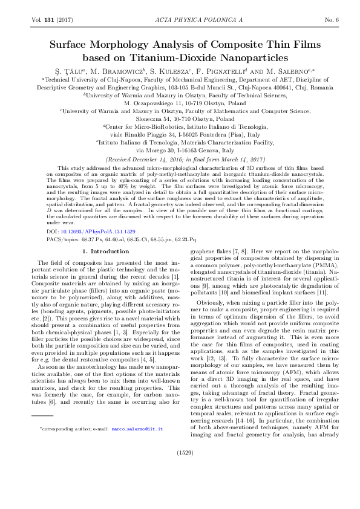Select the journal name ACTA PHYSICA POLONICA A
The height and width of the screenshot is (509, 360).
pyautogui.click(x=180, y=21)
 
